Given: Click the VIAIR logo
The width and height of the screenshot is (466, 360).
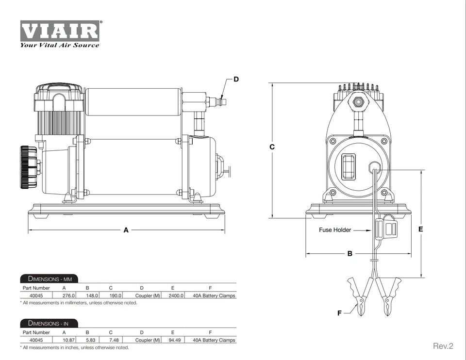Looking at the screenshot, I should pyautogui.click(x=60, y=31).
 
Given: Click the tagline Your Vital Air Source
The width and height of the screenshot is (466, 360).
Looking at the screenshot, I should pyautogui.click(x=59, y=46).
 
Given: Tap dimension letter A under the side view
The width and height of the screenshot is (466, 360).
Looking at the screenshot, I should pyautogui.click(x=126, y=230).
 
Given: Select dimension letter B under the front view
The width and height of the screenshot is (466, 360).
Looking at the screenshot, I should pyautogui.click(x=349, y=254).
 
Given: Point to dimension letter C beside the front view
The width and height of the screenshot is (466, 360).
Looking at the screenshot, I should pyautogui.click(x=272, y=147).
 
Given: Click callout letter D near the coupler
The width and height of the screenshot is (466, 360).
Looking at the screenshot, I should pyautogui.click(x=236, y=79).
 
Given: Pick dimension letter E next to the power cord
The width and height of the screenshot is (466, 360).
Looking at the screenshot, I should pyautogui.click(x=420, y=229).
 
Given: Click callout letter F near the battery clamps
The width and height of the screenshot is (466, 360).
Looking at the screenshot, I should pyautogui.click(x=339, y=313).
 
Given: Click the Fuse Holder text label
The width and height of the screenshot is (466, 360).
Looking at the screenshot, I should pyautogui.click(x=335, y=230).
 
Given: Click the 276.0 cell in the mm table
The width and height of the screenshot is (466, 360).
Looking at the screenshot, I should pyautogui.click(x=68, y=295).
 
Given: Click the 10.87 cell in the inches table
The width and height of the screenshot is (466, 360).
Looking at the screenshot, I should pyautogui.click(x=68, y=340).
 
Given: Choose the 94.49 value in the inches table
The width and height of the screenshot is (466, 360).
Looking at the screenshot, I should pyautogui.click(x=175, y=340).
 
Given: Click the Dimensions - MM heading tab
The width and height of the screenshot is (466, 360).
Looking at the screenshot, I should pyautogui.click(x=49, y=278).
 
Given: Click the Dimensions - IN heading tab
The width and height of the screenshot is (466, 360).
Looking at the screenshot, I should pyautogui.click(x=49, y=323).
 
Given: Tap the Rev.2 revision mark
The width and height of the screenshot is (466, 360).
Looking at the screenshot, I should pyautogui.click(x=443, y=346).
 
